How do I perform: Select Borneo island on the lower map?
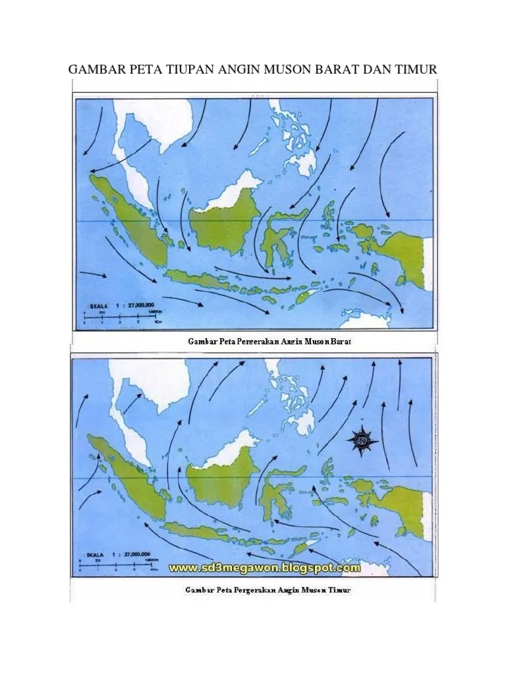point(220,472)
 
